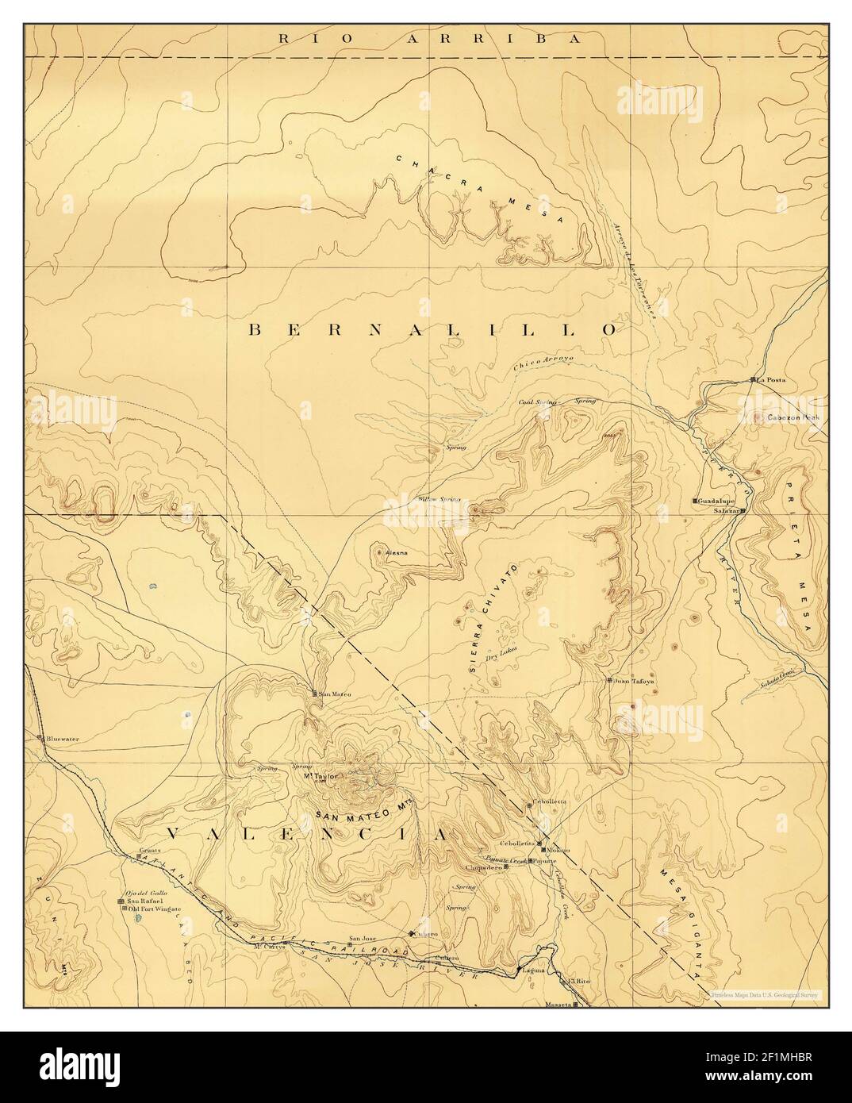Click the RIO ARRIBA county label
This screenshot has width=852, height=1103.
pos(426,38)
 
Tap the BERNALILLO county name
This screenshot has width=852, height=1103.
pos(432,329)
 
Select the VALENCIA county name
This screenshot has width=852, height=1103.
pos(305,834)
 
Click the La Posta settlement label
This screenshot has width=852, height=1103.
pos(770,380)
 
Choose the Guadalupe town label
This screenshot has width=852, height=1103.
pos(716,502)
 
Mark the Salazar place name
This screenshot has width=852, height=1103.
pos(726,511)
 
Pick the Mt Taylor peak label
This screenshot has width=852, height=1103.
pos(321,776)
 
